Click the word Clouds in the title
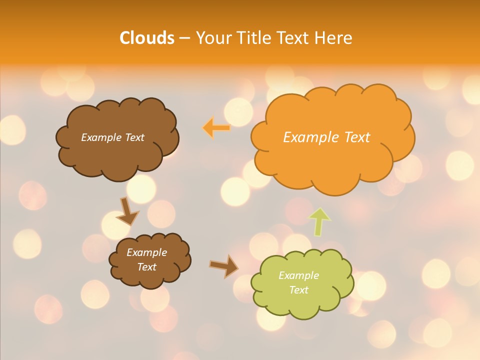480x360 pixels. pos(146,38)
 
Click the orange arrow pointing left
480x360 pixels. pos(216,128)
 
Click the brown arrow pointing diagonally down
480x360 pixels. pos(127,211)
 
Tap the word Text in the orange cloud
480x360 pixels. pos(356,137)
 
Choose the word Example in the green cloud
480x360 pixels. pos(298,275)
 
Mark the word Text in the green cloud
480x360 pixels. pos(299,290)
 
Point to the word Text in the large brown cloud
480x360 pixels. pos(134,137)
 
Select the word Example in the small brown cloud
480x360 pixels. pos(146,252)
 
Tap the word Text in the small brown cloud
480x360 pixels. pos(147,267)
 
